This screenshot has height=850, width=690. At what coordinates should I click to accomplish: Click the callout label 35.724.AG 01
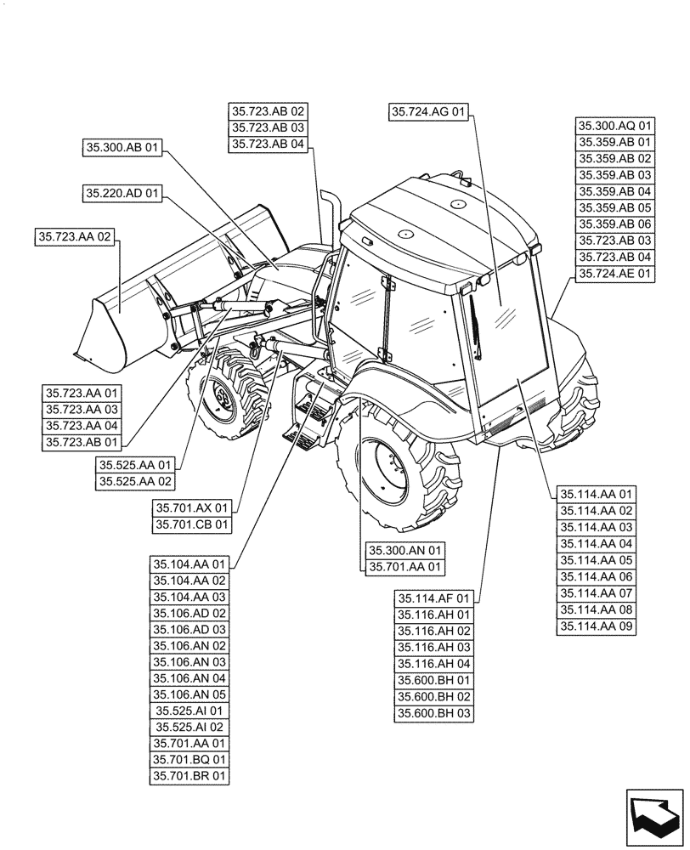(x=429, y=111)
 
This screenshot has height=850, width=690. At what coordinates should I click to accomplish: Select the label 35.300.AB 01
(x=122, y=147)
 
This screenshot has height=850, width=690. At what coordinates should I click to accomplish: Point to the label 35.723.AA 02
(x=75, y=235)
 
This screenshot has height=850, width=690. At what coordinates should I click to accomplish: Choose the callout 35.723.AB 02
(x=268, y=111)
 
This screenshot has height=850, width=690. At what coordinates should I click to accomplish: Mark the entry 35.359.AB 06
(x=615, y=224)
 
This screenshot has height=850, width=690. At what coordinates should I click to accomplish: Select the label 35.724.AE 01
(x=615, y=273)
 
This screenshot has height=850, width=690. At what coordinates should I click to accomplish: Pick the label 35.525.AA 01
(x=135, y=465)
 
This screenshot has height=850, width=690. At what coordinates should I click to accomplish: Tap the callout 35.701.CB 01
(x=192, y=524)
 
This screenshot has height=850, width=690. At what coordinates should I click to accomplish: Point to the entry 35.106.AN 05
(x=190, y=694)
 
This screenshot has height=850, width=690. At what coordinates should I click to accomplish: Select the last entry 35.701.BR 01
(x=190, y=775)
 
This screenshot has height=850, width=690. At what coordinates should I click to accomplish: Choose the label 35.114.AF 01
(x=433, y=598)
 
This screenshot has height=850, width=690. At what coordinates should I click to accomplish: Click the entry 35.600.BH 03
(x=433, y=713)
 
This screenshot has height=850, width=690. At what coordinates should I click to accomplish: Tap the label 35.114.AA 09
(x=597, y=626)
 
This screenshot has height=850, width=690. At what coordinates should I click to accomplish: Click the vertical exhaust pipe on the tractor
(x=328, y=217)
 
